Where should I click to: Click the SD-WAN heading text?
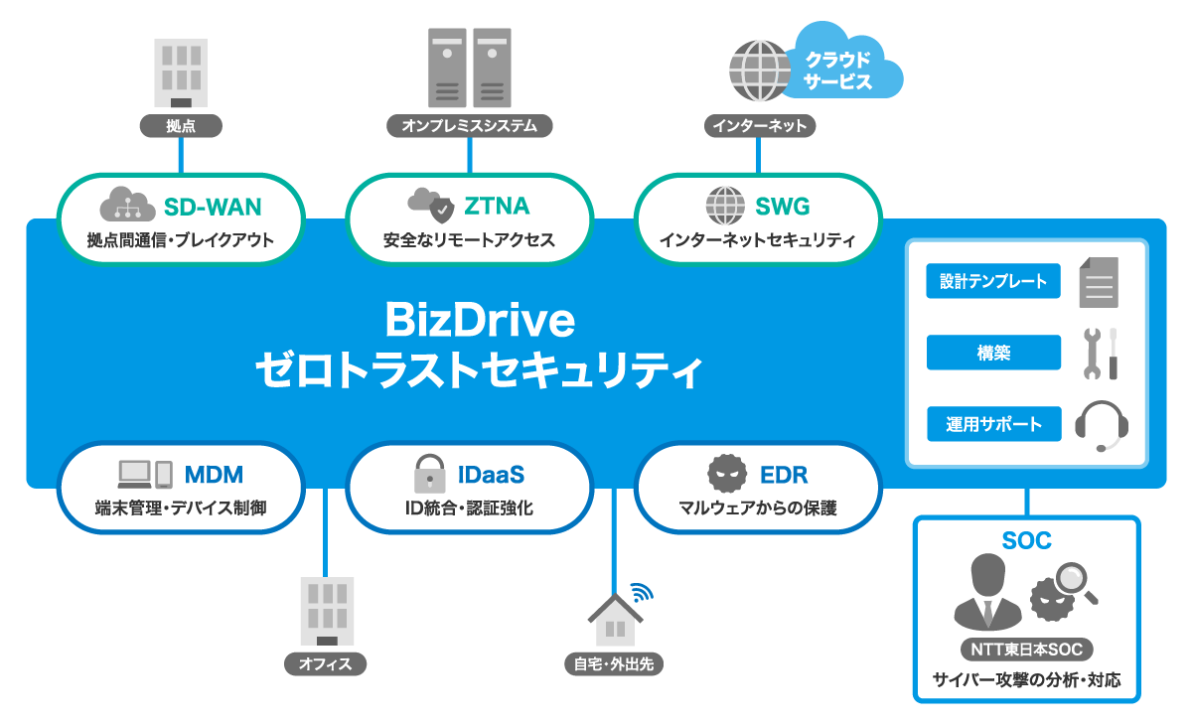coord(213,207)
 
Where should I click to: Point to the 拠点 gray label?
coord(180,126)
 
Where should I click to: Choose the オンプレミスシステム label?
coord(469,126)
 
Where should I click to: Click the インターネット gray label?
coord(760,126)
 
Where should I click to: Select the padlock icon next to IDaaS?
coord(429,474)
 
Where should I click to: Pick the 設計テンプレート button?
coord(993,281)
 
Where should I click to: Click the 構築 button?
coord(993,353)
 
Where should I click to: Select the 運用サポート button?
coord(993,424)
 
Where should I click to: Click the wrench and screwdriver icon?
coord(1100,353)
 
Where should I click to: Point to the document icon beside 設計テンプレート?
coord(1099,282)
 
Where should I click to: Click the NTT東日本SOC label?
coord(1026,651)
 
